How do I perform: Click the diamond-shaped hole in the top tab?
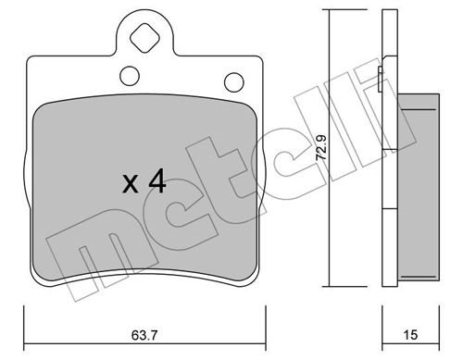[x=144, y=39]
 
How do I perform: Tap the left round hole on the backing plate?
[x=130, y=76]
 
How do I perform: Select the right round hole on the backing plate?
[x=234, y=82]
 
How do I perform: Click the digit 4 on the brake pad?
[x=157, y=182]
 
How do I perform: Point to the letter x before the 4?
[x=130, y=184]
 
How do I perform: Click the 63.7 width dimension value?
[x=144, y=335]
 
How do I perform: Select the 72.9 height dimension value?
[x=322, y=147]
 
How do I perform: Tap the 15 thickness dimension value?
[x=410, y=335]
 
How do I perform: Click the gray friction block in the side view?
[x=419, y=187]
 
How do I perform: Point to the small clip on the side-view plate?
[x=381, y=79]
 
